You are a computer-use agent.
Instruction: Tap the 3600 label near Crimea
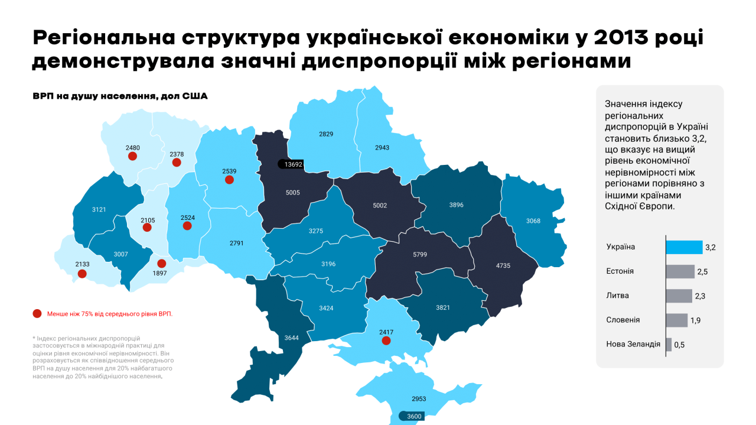pyautogui.click(x=414, y=416)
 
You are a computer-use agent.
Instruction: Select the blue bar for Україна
pyautogui.click(x=684, y=246)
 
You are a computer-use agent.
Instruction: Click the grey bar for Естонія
pyautogui.click(x=680, y=271)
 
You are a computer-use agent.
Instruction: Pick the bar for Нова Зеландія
pyautogui.click(x=669, y=344)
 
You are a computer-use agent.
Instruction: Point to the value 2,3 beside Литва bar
pyautogui.click(x=700, y=296)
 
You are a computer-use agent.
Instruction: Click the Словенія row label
pyautogui.click(x=623, y=320)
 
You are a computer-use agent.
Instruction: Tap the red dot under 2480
pyautogui.click(x=132, y=156)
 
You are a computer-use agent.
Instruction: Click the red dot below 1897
pyautogui.click(x=161, y=264)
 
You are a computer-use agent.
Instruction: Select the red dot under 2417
pyautogui.click(x=386, y=340)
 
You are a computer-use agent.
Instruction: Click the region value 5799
pyautogui.click(x=421, y=255)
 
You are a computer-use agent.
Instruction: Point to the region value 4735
pyautogui.click(x=503, y=265)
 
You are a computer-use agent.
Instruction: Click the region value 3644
pyautogui.click(x=291, y=338)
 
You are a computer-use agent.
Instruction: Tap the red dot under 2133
pyautogui.click(x=82, y=274)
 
